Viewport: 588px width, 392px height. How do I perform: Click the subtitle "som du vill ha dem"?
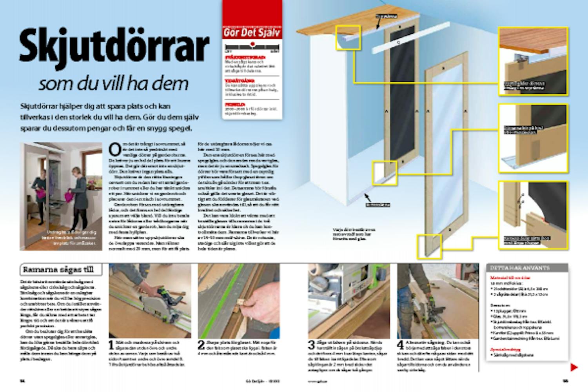[114, 83]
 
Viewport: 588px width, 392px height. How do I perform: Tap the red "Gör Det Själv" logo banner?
[252, 32]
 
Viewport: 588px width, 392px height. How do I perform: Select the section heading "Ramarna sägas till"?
[62, 269]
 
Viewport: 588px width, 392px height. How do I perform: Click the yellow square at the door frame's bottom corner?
[429, 246]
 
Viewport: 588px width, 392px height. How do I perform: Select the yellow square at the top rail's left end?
[348, 37]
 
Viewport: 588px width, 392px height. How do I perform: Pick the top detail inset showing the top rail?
[533, 61]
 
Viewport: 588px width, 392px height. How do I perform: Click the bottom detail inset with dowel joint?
[533, 215]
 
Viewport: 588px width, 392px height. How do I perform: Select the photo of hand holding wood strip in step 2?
[239, 301]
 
